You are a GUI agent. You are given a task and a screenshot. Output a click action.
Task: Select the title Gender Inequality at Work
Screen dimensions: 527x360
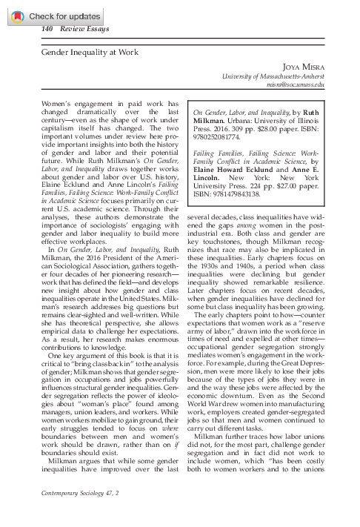pos(86,53)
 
